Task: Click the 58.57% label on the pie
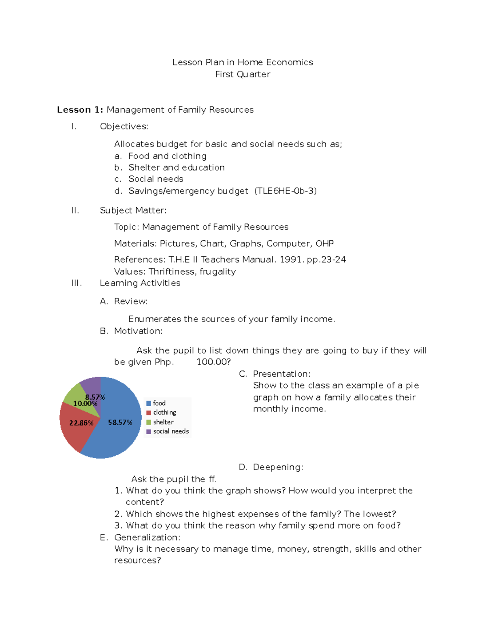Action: [x=120, y=422]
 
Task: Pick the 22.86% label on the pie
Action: [x=81, y=423]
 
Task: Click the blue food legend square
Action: [x=149, y=403]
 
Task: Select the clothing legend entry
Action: [x=164, y=412]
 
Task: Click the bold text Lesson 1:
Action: [x=80, y=110]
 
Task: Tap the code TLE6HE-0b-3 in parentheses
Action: [x=286, y=191]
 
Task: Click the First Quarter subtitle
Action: [x=243, y=75]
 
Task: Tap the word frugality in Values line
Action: [x=217, y=272]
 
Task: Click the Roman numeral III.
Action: [x=76, y=283]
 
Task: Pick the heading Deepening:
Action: [x=278, y=467]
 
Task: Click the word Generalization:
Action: [x=147, y=537]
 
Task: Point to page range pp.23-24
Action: [x=326, y=260]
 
